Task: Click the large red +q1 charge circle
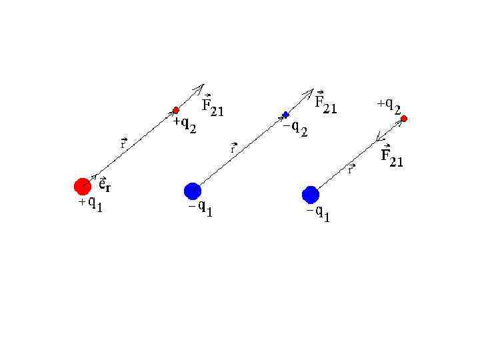click(x=83, y=186)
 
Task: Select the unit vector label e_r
click(x=104, y=183)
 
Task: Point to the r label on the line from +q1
click(x=124, y=143)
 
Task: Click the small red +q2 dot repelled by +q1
click(x=176, y=110)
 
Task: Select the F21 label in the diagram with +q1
click(x=213, y=107)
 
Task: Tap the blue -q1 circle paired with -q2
click(x=193, y=191)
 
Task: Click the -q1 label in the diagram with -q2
click(x=201, y=211)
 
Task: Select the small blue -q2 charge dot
click(x=286, y=115)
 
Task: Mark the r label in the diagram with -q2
click(x=234, y=148)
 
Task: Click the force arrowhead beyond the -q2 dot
click(x=309, y=92)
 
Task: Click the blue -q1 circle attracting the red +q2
click(x=310, y=195)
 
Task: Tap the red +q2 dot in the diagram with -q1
click(x=404, y=119)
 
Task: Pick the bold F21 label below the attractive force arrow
click(x=391, y=158)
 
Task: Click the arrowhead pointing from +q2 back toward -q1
click(x=379, y=139)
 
